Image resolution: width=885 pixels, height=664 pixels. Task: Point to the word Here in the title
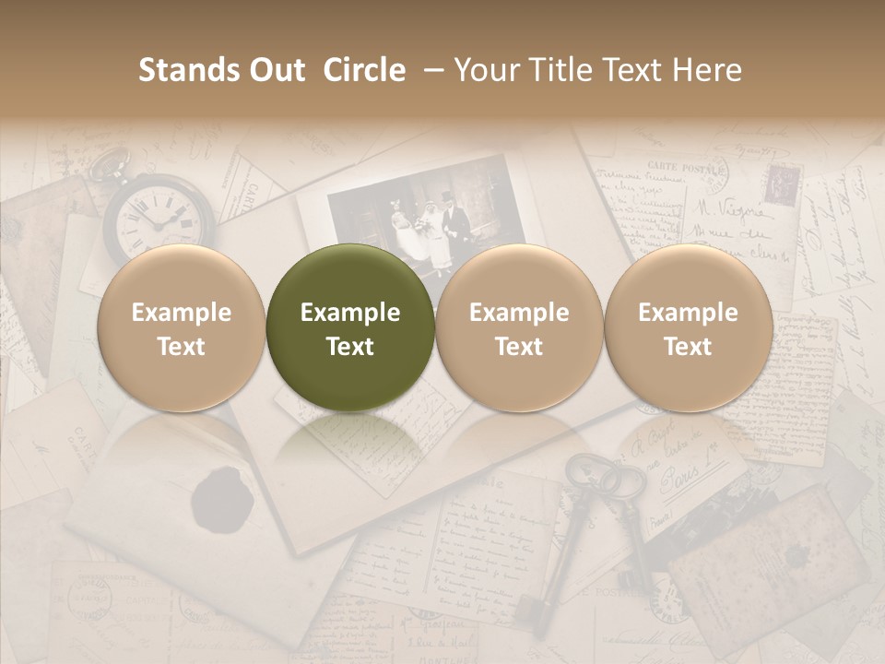click(x=707, y=70)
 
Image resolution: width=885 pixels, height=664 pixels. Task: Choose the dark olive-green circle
click(x=350, y=328)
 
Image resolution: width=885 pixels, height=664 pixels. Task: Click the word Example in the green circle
click(x=350, y=313)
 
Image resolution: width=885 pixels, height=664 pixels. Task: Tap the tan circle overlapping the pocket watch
click(x=182, y=328)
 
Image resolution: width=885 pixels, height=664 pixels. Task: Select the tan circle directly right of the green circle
click(x=519, y=328)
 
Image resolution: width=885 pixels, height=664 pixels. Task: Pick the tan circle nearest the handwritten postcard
click(x=688, y=328)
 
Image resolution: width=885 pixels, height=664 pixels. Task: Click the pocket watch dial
click(x=159, y=218)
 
